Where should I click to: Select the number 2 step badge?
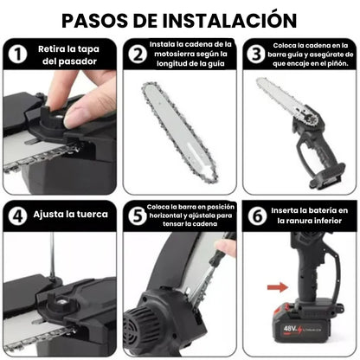(x=137, y=55)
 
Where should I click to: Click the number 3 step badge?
(x=256, y=55)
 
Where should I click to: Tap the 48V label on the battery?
(x=312, y=328)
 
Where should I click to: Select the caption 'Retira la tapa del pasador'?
(x=69, y=55)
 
